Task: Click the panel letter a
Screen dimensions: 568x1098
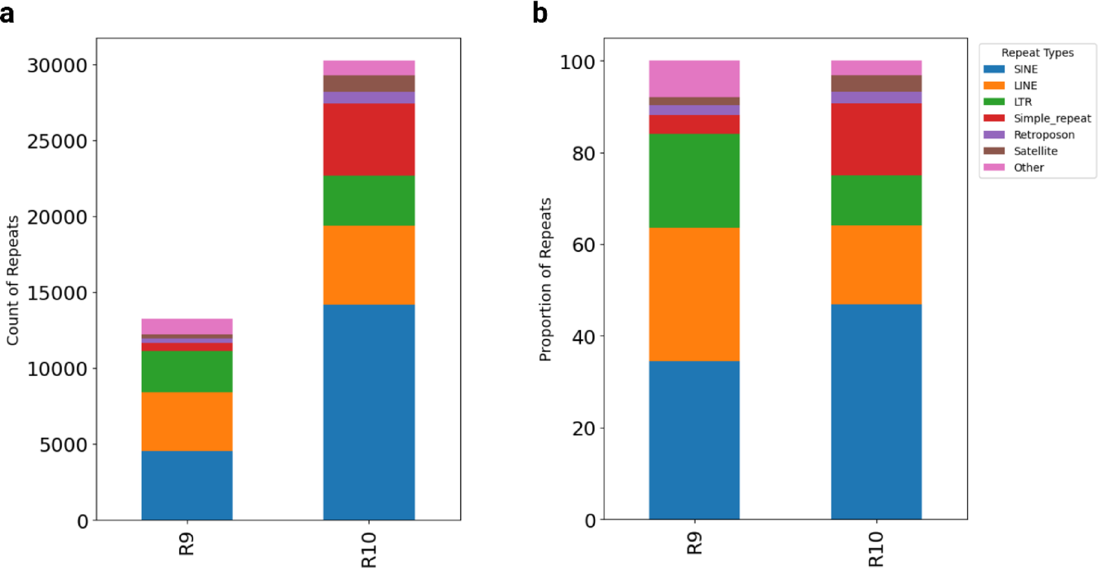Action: [x=7, y=13]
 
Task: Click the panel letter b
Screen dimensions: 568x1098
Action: [x=540, y=13]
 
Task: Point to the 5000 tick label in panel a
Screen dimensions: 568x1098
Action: [x=63, y=445]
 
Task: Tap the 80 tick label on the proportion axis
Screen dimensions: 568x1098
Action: [x=584, y=153]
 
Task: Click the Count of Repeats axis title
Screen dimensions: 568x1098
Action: [x=13, y=280]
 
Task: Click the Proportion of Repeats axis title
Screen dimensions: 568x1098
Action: [x=545, y=279]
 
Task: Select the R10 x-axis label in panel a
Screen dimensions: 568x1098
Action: [x=368, y=549]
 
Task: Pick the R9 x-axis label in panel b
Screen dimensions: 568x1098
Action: [x=694, y=543]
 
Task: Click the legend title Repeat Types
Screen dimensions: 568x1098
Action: [x=1037, y=53]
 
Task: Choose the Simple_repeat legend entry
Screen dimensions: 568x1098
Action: [x=1052, y=118]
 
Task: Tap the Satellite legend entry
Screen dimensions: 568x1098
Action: [x=1035, y=151]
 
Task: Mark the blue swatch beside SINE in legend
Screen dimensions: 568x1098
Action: [x=993, y=69]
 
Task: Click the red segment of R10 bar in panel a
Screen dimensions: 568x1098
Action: [x=369, y=139]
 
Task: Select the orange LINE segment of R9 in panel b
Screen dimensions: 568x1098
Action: [x=694, y=294]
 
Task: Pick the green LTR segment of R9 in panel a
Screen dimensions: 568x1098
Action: [x=187, y=371]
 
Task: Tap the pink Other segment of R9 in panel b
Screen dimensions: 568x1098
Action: [x=694, y=78]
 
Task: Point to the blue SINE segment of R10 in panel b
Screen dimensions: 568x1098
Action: [x=876, y=411]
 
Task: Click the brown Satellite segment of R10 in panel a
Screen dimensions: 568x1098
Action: [x=369, y=83]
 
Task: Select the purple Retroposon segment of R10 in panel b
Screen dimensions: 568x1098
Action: [x=876, y=97]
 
